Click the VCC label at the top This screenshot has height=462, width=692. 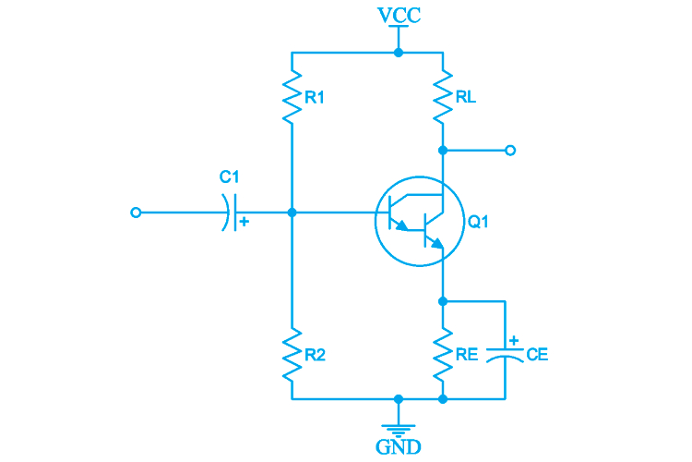pyautogui.click(x=398, y=16)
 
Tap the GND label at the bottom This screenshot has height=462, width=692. pyautogui.click(x=398, y=448)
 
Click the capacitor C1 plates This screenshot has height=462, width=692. pyautogui.click(x=229, y=213)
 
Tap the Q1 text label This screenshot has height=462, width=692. pyautogui.click(x=479, y=223)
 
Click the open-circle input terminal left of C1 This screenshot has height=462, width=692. pyautogui.click(x=137, y=213)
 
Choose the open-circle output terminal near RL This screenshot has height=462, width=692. pyautogui.click(x=510, y=150)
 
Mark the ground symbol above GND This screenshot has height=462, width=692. pyautogui.click(x=398, y=426)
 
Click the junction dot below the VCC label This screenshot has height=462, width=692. pyautogui.click(x=398, y=53)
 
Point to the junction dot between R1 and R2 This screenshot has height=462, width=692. pyautogui.click(x=292, y=213)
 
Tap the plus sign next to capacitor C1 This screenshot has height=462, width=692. pyautogui.click(x=244, y=222)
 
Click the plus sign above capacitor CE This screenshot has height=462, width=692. pyautogui.click(x=514, y=340)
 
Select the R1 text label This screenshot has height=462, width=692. pyautogui.click(x=315, y=97)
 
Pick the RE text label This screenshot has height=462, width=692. pyautogui.click(x=467, y=354)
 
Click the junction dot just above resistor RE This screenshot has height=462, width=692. pyautogui.click(x=443, y=301)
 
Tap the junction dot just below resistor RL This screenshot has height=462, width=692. pyautogui.click(x=443, y=150)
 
